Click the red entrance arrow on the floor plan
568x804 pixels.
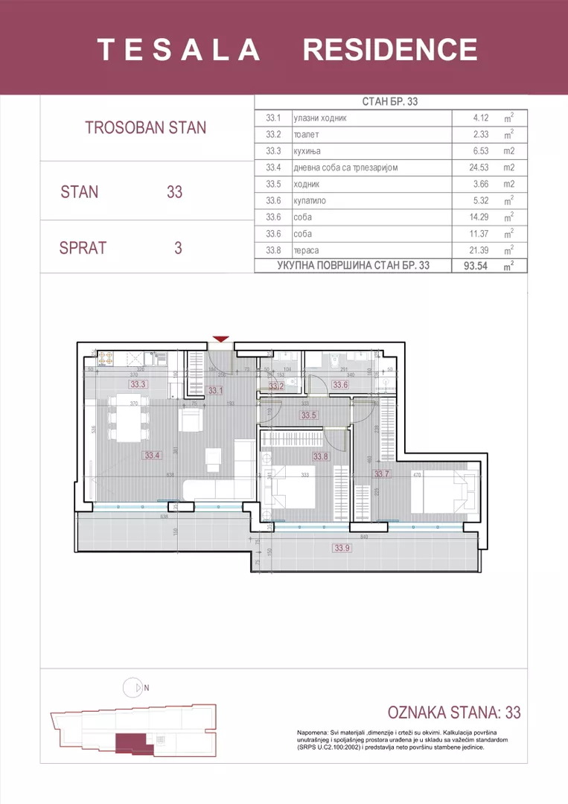(220, 339)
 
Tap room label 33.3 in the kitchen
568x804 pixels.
(138, 385)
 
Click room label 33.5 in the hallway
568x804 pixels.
(309, 415)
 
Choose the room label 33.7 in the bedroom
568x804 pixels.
(382, 473)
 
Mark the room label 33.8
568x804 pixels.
(320, 456)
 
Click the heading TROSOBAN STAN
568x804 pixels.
(146, 127)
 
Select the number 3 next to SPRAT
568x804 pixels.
(178, 248)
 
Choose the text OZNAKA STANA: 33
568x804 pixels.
(455, 712)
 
